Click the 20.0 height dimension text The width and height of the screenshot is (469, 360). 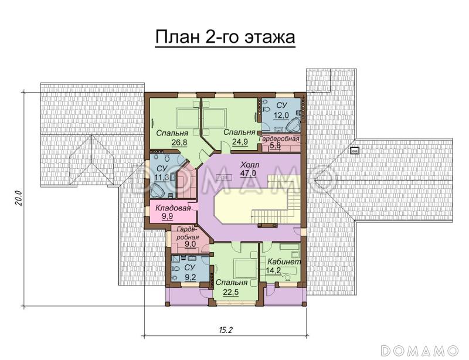click(x=18, y=198)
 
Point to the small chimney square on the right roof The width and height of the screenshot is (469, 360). click(x=355, y=150)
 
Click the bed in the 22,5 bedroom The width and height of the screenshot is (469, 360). click(x=240, y=268)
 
